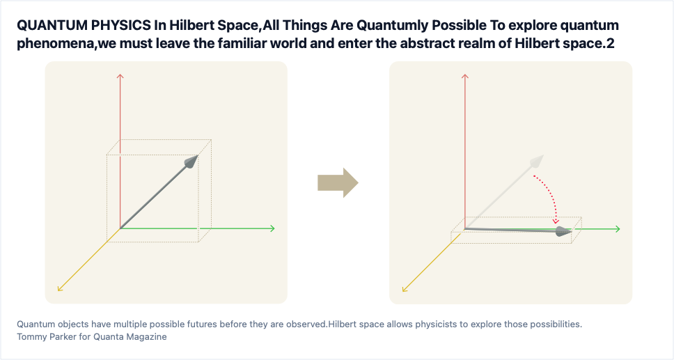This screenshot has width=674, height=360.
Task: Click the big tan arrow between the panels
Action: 338,183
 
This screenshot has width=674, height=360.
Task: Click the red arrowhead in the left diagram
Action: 120,76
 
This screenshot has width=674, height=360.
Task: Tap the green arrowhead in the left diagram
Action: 272,228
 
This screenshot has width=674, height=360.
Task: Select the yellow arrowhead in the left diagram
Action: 60,289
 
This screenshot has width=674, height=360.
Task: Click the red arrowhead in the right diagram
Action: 464,76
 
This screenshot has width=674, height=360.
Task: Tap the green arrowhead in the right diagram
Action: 618,229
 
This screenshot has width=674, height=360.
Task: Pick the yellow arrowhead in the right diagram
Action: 405,290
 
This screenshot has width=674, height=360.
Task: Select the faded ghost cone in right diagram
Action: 538,162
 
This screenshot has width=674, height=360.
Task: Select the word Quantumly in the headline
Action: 393,26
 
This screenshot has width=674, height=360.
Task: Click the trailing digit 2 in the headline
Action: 611,43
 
